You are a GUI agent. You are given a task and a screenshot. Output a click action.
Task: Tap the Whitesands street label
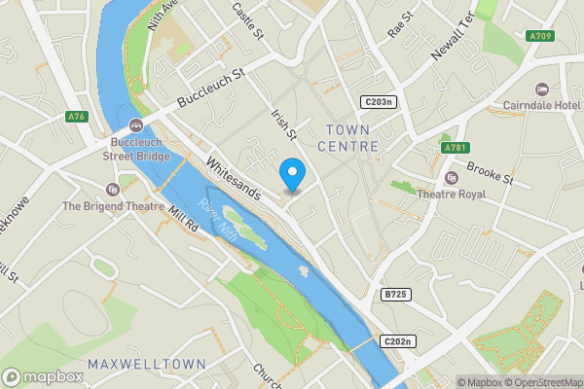(233, 179)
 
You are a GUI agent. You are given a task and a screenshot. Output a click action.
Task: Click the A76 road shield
(78, 117)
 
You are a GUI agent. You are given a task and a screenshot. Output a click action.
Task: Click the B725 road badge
(394, 294)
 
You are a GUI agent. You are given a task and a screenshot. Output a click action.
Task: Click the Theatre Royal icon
(451, 178)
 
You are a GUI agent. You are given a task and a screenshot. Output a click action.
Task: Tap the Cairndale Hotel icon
(542, 88)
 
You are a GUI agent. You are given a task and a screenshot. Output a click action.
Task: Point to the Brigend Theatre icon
(113, 189)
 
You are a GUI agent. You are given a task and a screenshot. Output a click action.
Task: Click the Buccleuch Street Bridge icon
(136, 125)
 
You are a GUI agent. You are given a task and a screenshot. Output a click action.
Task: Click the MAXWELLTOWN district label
(146, 364)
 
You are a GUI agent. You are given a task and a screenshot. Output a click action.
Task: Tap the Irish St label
(283, 126)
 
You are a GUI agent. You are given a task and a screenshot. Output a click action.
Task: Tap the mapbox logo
(43, 376)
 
